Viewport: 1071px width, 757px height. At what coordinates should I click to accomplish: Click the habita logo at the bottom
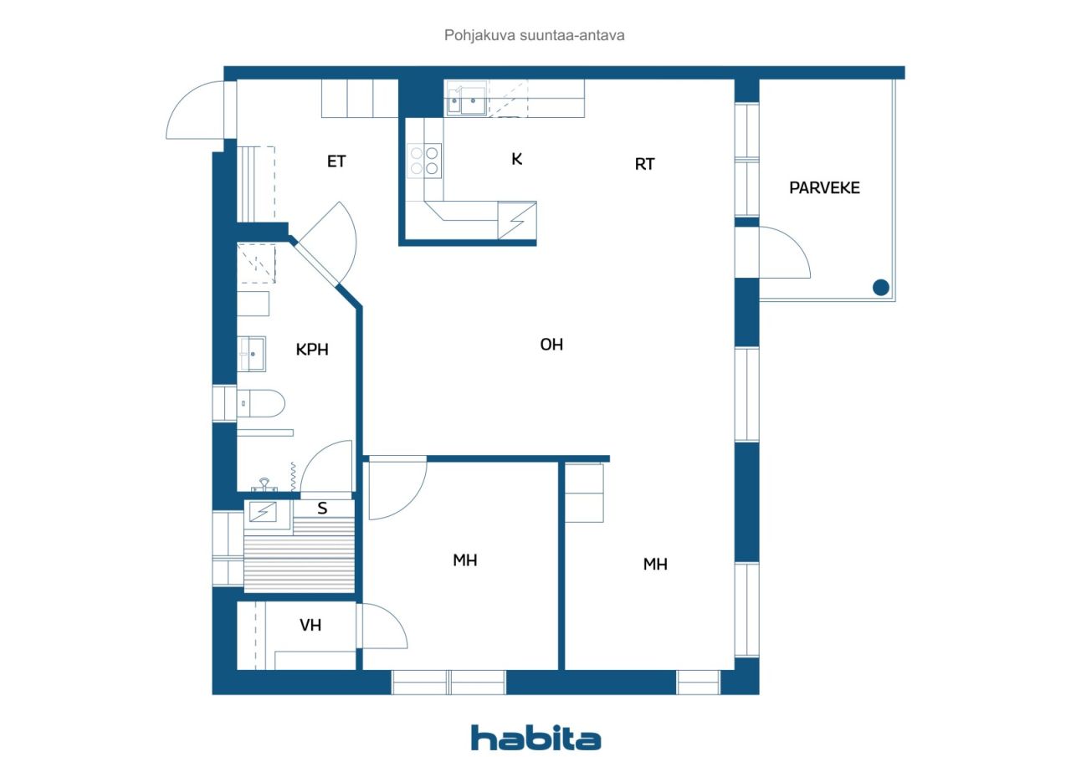point(535,738)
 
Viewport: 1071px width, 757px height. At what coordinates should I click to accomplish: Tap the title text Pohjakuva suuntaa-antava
point(534,35)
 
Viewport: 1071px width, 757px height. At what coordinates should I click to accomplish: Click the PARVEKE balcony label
point(824,188)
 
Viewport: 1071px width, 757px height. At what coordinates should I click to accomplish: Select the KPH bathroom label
point(312,350)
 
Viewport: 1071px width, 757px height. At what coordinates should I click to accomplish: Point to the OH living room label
point(551,345)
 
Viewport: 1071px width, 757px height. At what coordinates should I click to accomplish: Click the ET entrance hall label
point(336,161)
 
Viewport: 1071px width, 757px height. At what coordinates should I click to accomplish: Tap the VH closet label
point(310,625)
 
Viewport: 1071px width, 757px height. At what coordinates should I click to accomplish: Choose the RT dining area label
point(644,165)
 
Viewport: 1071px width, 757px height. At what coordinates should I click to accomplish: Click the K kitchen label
point(517,159)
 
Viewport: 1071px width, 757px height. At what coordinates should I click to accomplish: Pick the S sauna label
point(322,508)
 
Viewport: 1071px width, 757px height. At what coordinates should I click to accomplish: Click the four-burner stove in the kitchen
point(424,161)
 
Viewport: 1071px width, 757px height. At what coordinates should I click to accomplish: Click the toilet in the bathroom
point(260,403)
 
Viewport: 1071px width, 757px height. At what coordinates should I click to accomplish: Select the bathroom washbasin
point(252,354)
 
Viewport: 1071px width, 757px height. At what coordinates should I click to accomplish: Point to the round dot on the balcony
point(881,288)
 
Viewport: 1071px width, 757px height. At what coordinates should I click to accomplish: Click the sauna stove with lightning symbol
point(263,512)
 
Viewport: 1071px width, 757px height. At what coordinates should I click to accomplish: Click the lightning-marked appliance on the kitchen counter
point(517,221)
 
